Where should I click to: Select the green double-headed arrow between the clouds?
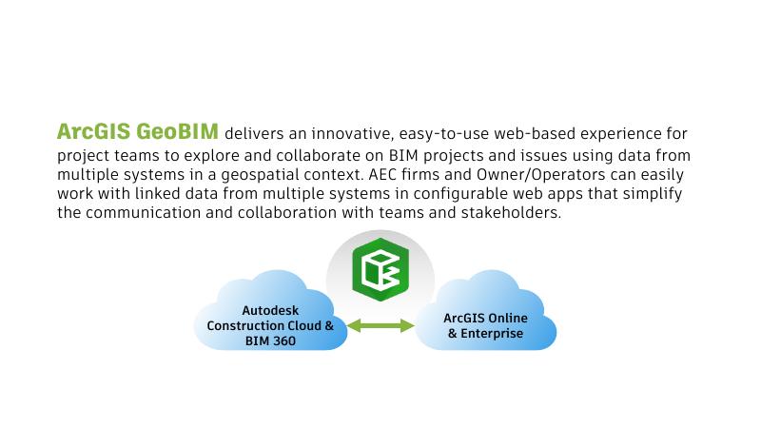click(380, 326)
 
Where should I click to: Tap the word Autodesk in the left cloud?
click(269, 310)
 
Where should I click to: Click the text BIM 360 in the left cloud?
click(270, 341)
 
